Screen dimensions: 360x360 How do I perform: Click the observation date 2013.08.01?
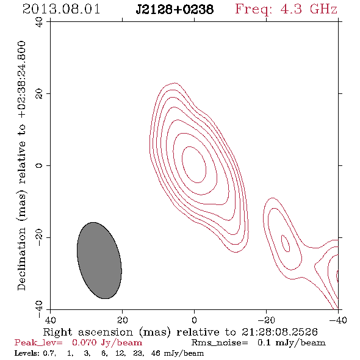click(x=61, y=9)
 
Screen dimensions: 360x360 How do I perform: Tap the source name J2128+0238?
click(x=175, y=10)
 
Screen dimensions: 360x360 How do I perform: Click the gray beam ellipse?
click(x=99, y=261)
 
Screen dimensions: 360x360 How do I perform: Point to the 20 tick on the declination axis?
click(x=39, y=94)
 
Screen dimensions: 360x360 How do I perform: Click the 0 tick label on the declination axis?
click(x=39, y=165)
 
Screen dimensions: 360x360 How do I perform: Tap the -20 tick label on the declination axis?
click(x=39, y=237)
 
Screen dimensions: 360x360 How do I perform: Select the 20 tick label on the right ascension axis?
click(x=123, y=320)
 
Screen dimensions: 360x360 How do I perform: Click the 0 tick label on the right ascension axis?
click(x=194, y=320)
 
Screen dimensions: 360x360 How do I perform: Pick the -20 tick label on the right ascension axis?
click(x=266, y=320)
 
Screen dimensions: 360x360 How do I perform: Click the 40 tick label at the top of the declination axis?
click(x=39, y=22)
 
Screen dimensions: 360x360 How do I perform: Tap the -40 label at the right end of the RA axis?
click(x=338, y=320)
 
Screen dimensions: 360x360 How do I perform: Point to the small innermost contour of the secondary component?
click(x=286, y=243)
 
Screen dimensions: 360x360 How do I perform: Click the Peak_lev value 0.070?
click(x=84, y=343)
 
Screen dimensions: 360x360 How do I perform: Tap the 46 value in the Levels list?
click(x=156, y=353)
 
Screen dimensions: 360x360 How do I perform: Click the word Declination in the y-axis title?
click(x=21, y=259)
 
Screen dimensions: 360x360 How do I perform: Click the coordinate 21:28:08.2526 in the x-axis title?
click(x=279, y=332)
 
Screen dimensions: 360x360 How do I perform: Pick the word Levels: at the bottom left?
click(x=27, y=353)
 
